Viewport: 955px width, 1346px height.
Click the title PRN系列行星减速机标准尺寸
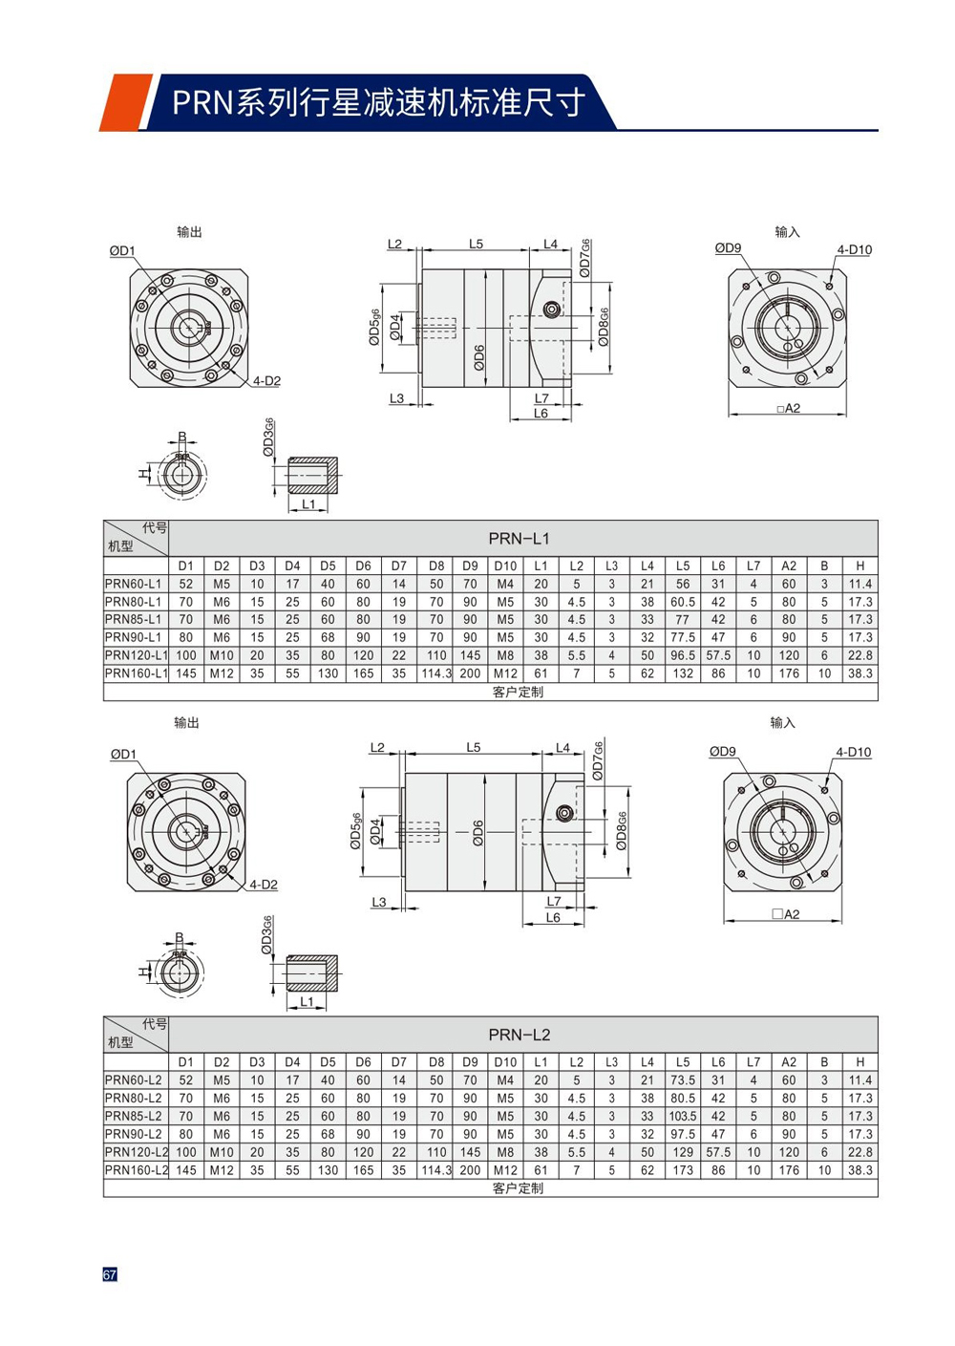pyautogui.click(x=378, y=102)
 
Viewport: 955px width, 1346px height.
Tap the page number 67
pyautogui.click(x=110, y=1274)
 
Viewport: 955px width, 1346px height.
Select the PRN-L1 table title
pyautogui.click(x=519, y=539)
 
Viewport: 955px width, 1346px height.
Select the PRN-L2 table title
pyautogui.click(x=519, y=1035)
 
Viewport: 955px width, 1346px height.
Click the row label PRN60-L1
pyautogui.click(x=134, y=584)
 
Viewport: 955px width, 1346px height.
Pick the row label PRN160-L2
pyautogui.click(x=136, y=1170)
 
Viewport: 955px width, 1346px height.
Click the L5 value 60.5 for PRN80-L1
pyautogui.click(x=683, y=602)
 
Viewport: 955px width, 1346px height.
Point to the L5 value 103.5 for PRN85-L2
pyautogui.click(x=683, y=1116)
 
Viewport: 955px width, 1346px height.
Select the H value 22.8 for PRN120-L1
pyautogui.click(x=859, y=655)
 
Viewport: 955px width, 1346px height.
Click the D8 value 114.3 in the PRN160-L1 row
pyautogui.click(x=436, y=673)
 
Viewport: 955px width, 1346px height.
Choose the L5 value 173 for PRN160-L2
pyautogui.click(x=683, y=1170)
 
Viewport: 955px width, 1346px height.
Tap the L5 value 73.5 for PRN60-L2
pyautogui.click(x=683, y=1080)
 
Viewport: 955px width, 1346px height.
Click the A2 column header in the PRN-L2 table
pyautogui.click(x=789, y=1062)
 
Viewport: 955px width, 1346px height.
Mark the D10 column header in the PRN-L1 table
pyautogui.click(x=505, y=566)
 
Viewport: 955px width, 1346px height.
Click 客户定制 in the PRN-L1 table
pyautogui.click(x=518, y=692)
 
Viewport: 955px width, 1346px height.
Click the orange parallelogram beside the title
pyautogui.click(x=124, y=102)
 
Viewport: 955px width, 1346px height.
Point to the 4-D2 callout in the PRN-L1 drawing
pyautogui.click(x=266, y=381)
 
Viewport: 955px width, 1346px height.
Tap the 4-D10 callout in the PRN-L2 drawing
pyautogui.click(x=853, y=752)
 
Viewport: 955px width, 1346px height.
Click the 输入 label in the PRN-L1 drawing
pyautogui.click(x=787, y=232)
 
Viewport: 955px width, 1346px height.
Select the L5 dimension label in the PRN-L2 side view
pyautogui.click(x=474, y=747)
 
